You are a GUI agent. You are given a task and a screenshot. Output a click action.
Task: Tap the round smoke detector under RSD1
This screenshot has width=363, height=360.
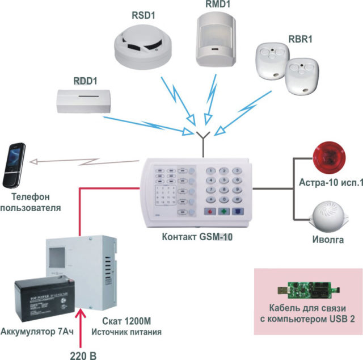click(139, 45)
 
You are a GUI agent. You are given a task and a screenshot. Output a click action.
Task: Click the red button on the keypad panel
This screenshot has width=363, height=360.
click(209, 211)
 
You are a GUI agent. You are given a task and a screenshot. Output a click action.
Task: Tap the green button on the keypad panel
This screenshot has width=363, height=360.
click(224, 211)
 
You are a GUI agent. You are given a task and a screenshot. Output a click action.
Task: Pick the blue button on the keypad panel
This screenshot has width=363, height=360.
click(238, 211)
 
